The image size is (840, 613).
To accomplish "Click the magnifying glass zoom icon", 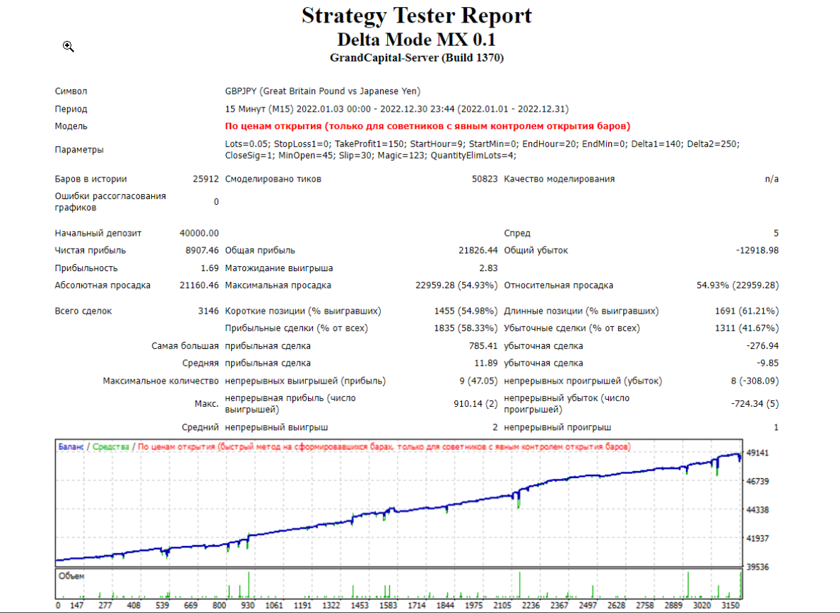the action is coord(68,47).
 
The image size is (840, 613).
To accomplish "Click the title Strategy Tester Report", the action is coord(417,16).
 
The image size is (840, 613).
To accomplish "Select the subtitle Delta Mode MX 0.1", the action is coord(416,40).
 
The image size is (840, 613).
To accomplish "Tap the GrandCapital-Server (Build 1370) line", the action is coord(417,58).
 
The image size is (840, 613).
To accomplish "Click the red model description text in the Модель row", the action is coord(427,126).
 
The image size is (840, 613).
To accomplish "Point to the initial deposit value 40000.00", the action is coord(199,233).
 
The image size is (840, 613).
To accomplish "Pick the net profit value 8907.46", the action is coord(202,250).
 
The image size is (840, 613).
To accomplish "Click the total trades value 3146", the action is coord(208,311).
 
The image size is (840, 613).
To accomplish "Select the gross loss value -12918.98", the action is coord(757,250).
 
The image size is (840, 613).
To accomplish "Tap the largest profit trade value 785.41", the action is coord(483,346).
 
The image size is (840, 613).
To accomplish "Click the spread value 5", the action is coord(776,233).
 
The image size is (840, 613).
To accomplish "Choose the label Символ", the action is coord(71,91).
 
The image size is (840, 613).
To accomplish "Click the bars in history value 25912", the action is coord(206,179).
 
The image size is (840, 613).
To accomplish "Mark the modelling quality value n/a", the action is coord(772,179).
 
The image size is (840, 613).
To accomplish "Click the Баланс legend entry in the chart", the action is coord(71,446).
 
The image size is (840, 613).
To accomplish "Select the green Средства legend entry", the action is coord(111,446).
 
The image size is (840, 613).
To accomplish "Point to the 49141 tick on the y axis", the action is coord(757,453).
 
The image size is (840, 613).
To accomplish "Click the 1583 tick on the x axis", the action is coord(389,605).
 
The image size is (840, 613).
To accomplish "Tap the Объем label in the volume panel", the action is coord(71,576).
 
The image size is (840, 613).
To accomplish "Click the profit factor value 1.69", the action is coord(209,268).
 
